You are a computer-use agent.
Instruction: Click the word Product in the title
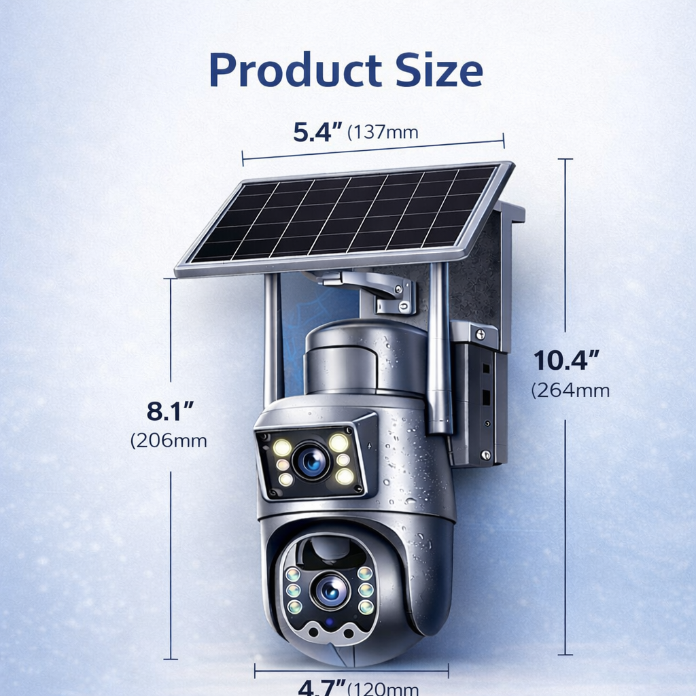(295, 71)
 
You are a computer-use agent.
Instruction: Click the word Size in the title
(436, 71)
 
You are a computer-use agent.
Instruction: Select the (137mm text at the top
(383, 132)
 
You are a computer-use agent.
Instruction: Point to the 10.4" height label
(566, 360)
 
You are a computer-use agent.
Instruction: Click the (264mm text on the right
(570, 390)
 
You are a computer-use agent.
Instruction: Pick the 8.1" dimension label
(171, 411)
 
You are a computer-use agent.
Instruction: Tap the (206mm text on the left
(169, 440)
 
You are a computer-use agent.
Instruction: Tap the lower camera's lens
(330, 590)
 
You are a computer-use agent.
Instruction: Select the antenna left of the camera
(273, 340)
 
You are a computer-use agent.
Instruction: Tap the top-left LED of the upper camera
(282, 447)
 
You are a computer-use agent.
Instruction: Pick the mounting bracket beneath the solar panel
(381, 289)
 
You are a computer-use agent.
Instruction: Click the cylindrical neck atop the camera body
(366, 357)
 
